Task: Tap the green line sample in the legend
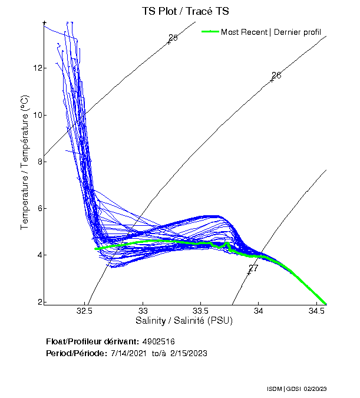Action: point(210,31)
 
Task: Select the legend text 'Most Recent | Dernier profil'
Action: point(271,32)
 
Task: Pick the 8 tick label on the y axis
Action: point(39,162)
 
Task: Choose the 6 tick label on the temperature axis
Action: point(39,208)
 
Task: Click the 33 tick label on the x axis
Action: point(143,310)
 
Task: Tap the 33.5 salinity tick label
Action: point(201,310)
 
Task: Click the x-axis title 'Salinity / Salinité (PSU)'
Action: point(184,321)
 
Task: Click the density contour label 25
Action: point(173,38)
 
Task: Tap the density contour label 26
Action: point(276,75)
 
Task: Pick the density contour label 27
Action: point(253,268)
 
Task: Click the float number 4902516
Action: point(158,341)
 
